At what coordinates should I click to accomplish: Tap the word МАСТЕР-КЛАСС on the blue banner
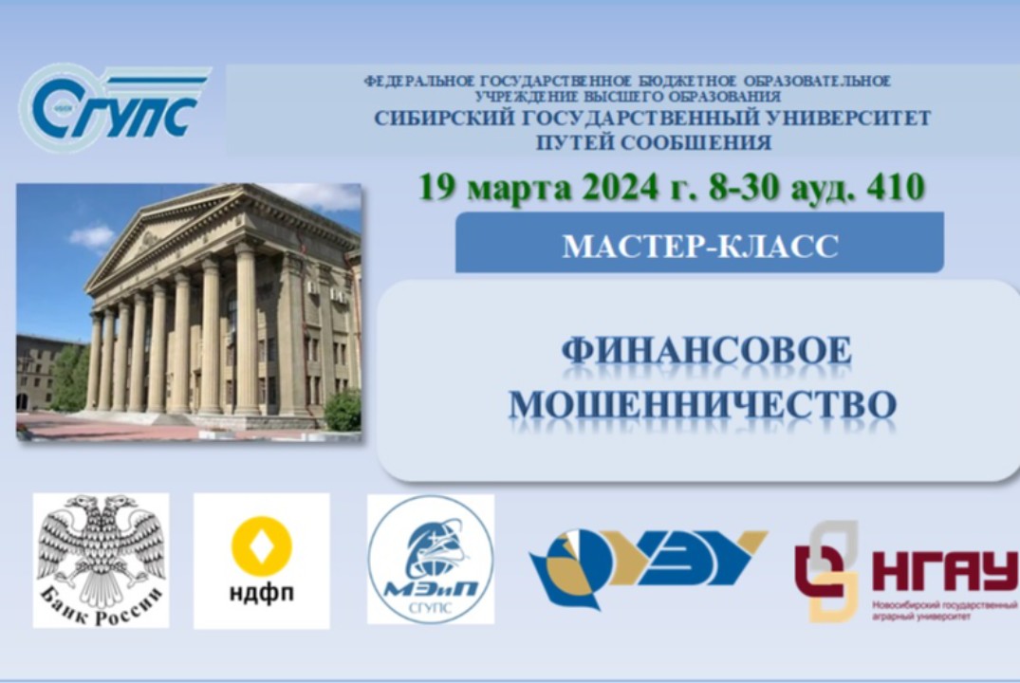[x=700, y=246]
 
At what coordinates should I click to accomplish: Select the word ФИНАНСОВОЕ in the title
[x=706, y=352]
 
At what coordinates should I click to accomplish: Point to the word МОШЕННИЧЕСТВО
[x=702, y=404]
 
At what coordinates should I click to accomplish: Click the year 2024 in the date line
[x=621, y=186]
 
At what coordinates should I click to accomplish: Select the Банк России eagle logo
[x=101, y=560]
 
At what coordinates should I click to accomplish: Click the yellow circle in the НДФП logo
[x=261, y=545]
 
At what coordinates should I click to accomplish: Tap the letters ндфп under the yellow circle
[x=261, y=594]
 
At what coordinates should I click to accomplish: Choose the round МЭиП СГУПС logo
[x=431, y=559]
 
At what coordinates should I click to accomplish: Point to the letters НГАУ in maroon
[x=943, y=570]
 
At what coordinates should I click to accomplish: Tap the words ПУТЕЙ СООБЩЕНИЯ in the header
[x=653, y=143]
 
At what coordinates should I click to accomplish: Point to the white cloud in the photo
[x=93, y=235]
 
